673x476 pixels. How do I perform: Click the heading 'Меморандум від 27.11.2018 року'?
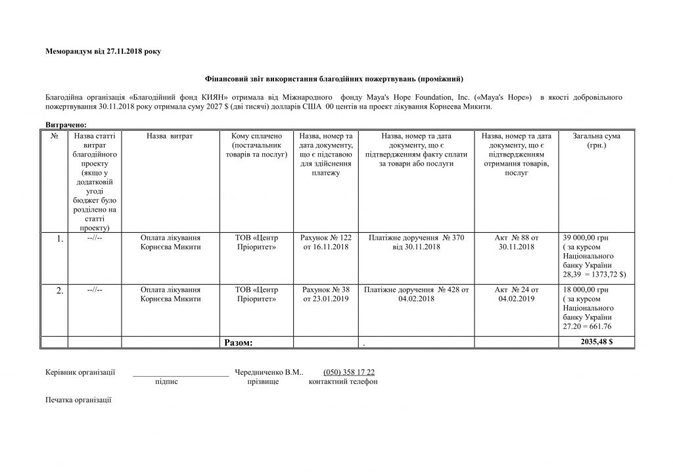pos(103,51)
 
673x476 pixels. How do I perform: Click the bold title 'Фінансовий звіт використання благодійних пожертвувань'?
pos(336,80)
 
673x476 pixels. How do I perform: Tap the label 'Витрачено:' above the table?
pos(66,124)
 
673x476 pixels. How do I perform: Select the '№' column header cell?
pos(55,136)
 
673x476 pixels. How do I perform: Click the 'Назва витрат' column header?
pos(170,136)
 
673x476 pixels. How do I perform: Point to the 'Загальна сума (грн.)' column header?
pos(596,140)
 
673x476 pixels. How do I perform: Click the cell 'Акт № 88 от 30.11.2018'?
pos(516,242)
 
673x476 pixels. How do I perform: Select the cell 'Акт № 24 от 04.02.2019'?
pos(516,295)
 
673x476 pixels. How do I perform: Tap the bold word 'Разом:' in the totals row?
pos(239,343)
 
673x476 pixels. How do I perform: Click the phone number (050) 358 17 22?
pos(349,372)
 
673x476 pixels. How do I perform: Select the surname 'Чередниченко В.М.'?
pos(268,372)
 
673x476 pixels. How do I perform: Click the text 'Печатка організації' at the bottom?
pos(79,399)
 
